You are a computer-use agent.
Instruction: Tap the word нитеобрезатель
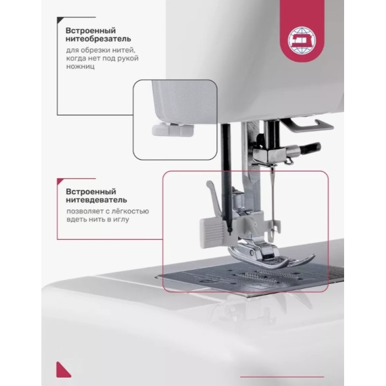[x=98, y=39]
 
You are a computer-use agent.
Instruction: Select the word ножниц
[x=80, y=67]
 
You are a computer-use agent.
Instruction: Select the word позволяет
[x=85, y=212]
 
